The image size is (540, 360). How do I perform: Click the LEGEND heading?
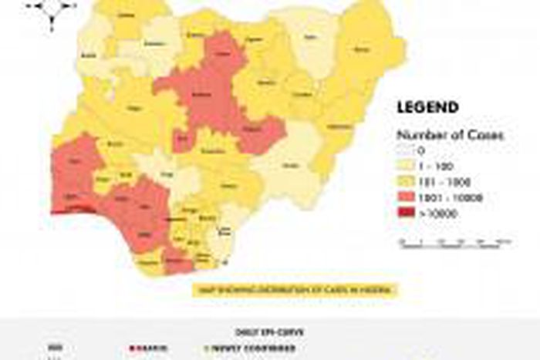pyautogui.click(x=427, y=107)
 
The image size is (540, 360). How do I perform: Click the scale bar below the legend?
pyautogui.click(x=454, y=244)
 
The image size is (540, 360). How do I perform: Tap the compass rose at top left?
pyautogui.click(x=52, y=8)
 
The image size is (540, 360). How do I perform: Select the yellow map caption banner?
pyautogui.click(x=298, y=291)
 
